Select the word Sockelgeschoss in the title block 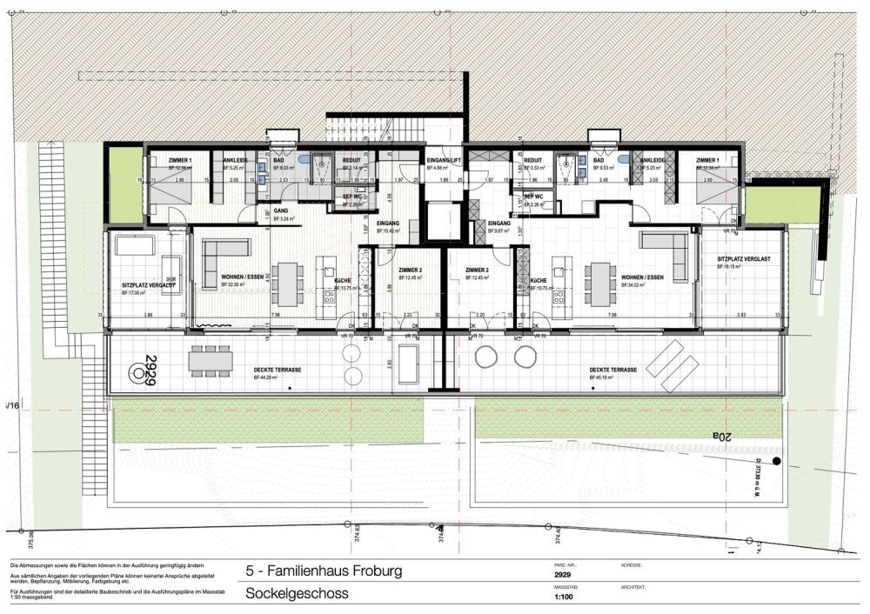click(297, 594)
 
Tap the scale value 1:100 click(563, 597)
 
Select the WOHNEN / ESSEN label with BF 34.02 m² click(642, 277)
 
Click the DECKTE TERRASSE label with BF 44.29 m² click(278, 370)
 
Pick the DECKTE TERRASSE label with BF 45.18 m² click(613, 370)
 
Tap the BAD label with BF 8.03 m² click(280, 161)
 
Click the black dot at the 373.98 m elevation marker click(777, 464)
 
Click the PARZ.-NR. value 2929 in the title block click(564, 576)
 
